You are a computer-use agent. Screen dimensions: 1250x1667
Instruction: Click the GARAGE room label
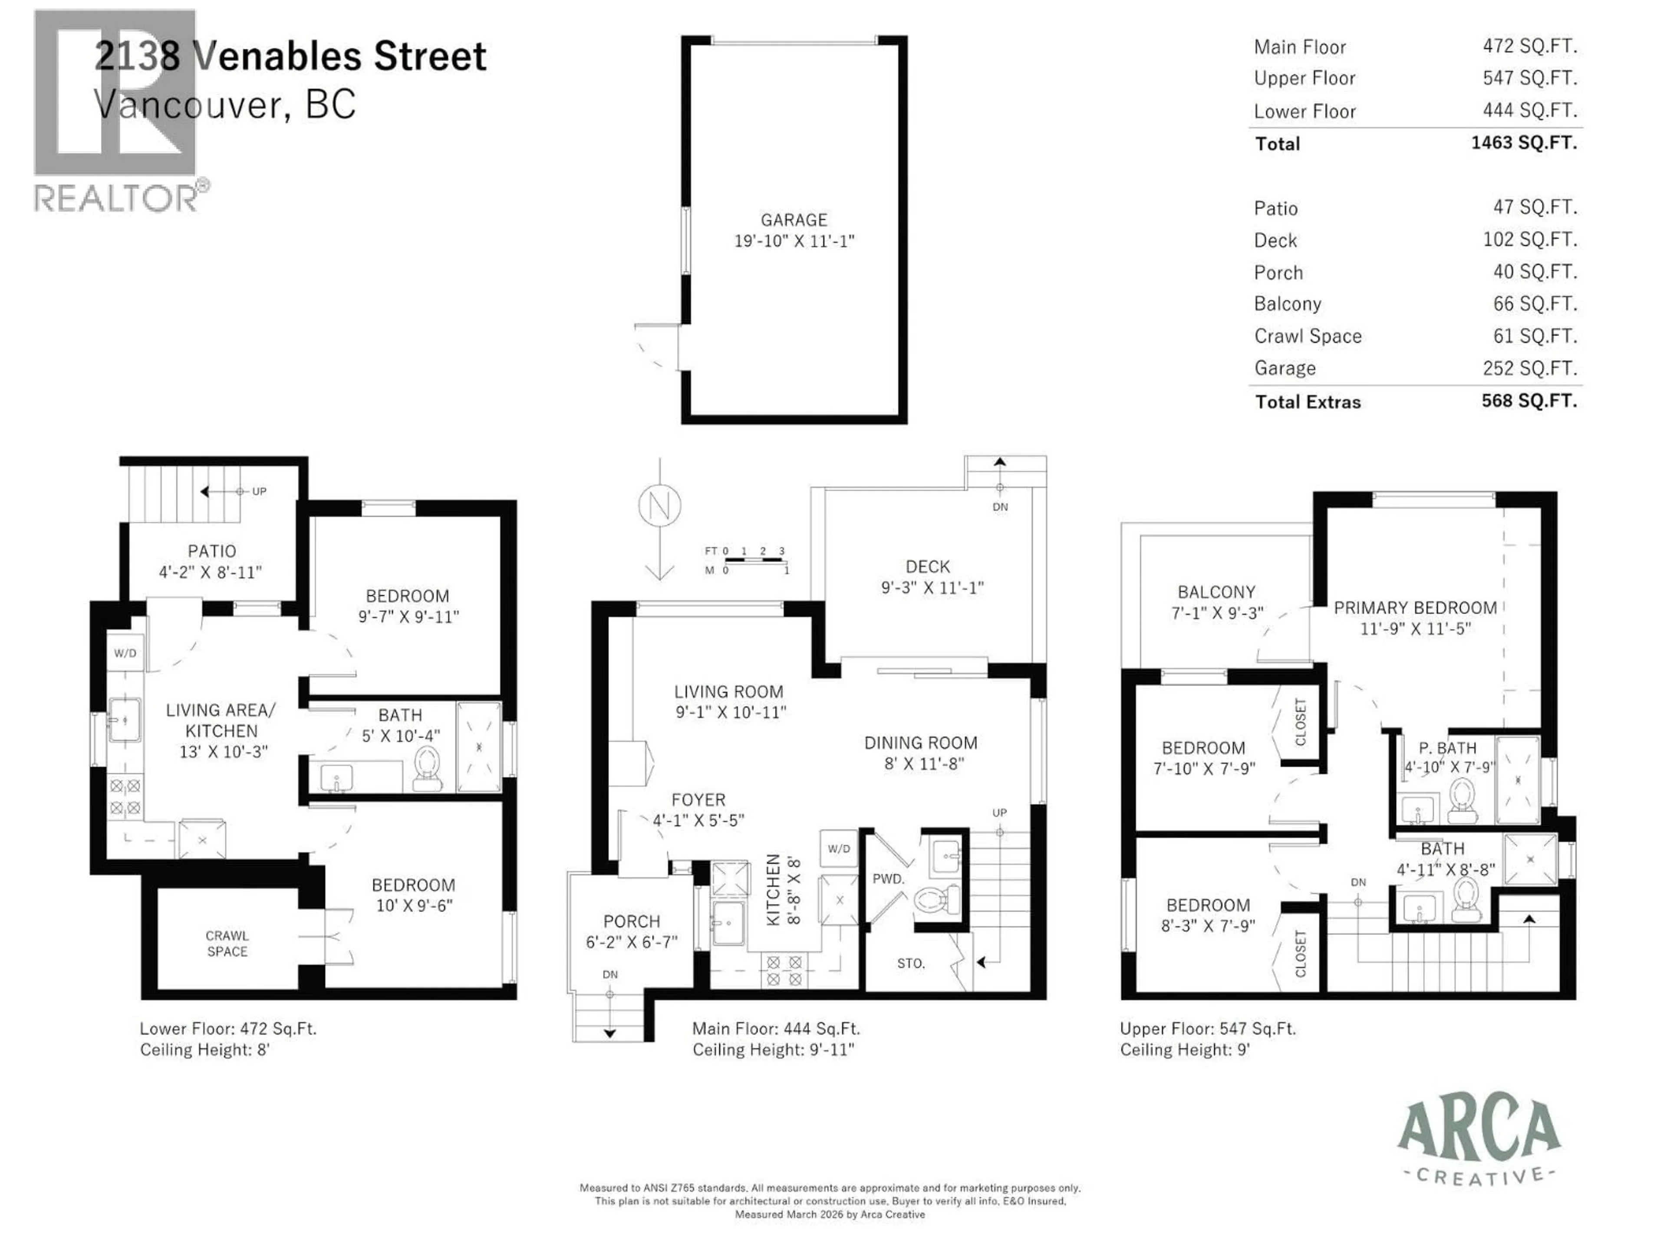click(x=794, y=220)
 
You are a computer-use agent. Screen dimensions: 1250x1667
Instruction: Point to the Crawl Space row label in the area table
click(x=1308, y=336)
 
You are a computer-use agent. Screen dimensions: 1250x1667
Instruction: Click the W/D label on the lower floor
click(x=125, y=653)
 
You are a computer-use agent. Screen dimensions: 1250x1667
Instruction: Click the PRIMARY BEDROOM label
click(x=1414, y=608)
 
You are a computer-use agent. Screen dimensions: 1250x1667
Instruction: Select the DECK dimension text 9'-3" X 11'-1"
click(x=932, y=588)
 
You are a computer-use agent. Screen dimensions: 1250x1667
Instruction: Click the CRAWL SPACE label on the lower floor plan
click(x=227, y=943)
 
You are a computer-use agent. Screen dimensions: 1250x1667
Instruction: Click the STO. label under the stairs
click(x=910, y=964)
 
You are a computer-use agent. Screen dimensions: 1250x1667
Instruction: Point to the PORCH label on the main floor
click(x=632, y=921)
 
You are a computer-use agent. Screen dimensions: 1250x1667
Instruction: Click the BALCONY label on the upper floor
click(x=1216, y=592)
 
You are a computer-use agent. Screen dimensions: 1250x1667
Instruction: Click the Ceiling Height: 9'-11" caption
click(x=773, y=1049)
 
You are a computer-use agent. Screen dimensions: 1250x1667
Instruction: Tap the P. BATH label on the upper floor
click(x=1447, y=748)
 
